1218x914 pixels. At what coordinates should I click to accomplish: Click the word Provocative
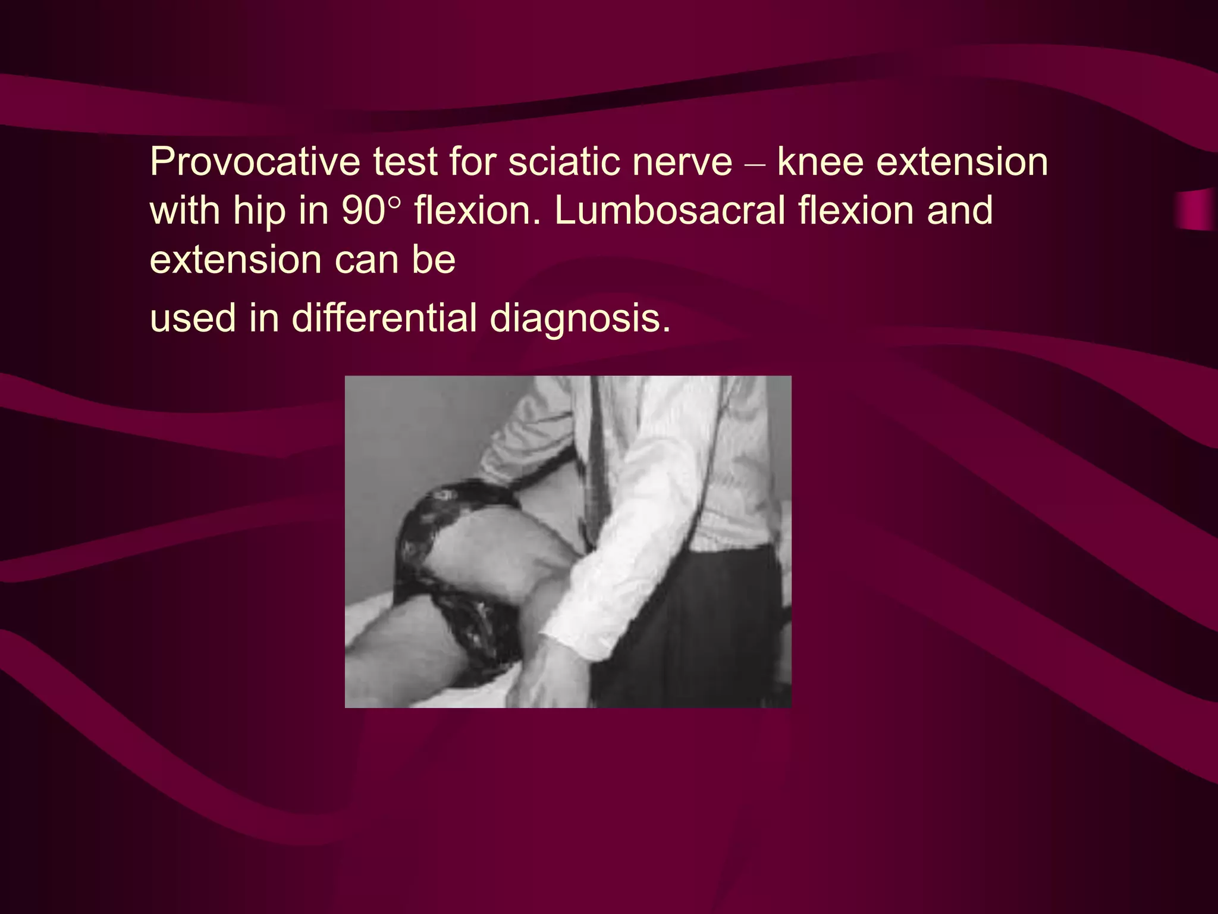click(255, 162)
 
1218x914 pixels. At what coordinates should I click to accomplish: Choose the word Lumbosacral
click(670, 211)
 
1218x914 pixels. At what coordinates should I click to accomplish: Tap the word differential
click(384, 318)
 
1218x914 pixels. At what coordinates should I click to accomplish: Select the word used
click(193, 318)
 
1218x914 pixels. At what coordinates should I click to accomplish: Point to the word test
click(405, 162)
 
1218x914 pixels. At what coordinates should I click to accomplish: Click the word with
click(184, 211)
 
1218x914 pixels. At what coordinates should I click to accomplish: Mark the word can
click(366, 261)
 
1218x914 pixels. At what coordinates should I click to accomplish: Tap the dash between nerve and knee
click(755, 163)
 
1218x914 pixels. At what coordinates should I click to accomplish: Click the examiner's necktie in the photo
click(597, 464)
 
